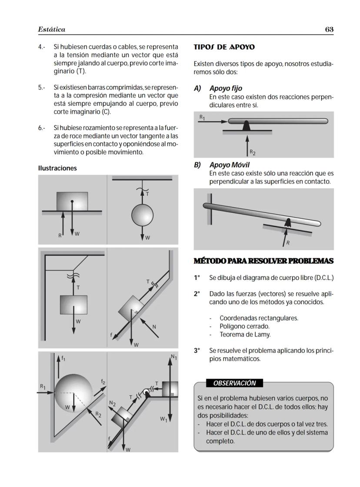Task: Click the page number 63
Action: (329, 30)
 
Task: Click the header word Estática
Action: (51, 30)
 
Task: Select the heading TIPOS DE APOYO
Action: (224, 47)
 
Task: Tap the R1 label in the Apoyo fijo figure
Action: (202, 117)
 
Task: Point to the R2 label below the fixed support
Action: (253, 153)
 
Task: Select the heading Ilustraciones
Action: (57, 168)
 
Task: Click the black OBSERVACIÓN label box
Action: (234, 383)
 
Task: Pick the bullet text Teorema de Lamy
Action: (245, 335)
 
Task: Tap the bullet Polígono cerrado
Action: (244, 326)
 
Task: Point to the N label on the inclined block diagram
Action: (154, 327)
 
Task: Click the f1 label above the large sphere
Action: (63, 359)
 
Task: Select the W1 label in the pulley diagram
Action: (163, 420)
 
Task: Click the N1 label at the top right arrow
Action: (173, 358)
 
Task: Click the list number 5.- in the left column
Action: (42, 87)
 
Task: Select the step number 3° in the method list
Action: (197, 350)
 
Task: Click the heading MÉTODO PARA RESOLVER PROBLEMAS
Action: (263, 261)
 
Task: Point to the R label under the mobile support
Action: (288, 243)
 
